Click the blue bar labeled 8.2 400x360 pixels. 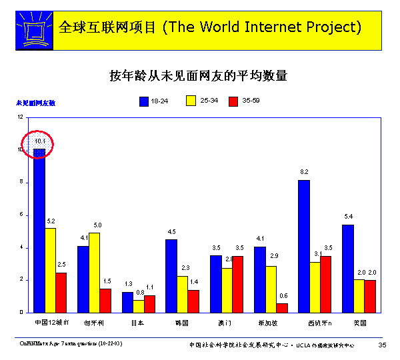pos(303,246)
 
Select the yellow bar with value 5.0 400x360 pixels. pos(94,272)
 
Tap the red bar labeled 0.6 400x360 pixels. pos(282,307)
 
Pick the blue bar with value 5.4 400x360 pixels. pos(347,268)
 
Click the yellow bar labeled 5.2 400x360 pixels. pos(50,270)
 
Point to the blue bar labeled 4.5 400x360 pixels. pos(171,275)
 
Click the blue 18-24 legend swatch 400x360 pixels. pos(143,101)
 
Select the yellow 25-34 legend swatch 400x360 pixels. pos(191,101)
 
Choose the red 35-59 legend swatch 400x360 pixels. pos(233,101)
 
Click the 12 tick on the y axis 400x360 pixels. pos(20,117)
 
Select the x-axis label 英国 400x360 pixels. pos(359,323)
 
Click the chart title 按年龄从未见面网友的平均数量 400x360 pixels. pos(198,76)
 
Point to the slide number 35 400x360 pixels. pos(382,345)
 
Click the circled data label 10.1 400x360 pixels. pos(39,141)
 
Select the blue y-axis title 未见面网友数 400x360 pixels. pos(36,103)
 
